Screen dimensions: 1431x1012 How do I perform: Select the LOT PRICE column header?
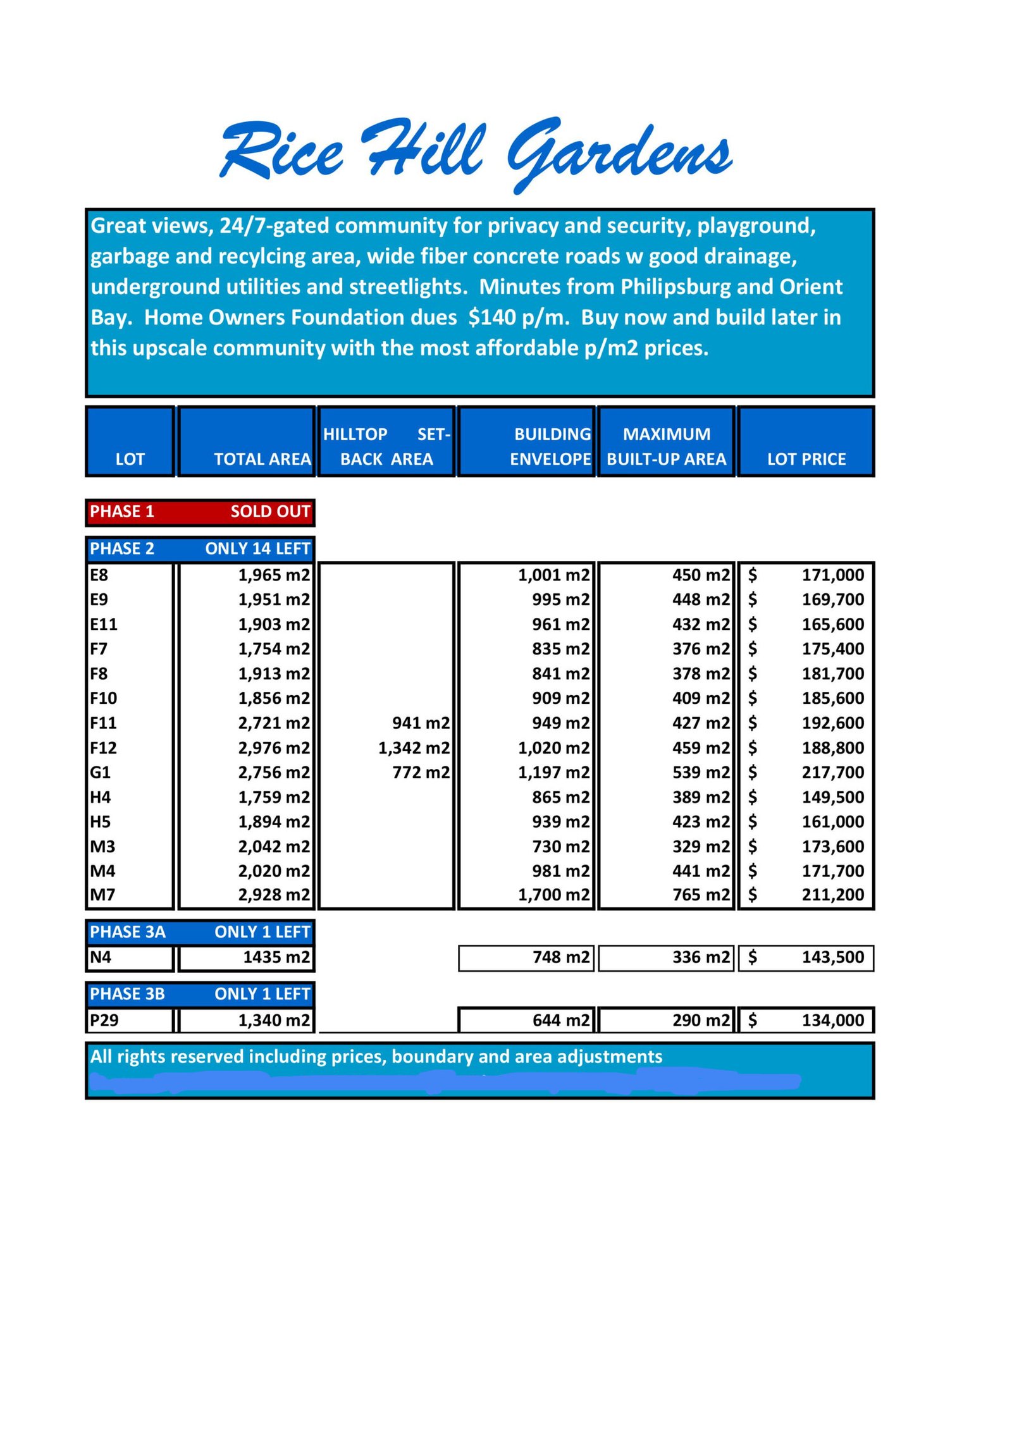coord(806,458)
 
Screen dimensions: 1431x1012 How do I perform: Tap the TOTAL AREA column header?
coord(262,458)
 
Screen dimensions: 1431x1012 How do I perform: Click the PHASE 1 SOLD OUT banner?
coord(200,512)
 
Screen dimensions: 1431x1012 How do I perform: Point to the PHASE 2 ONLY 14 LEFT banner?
coord(200,548)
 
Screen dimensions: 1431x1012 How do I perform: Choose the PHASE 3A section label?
coord(128,931)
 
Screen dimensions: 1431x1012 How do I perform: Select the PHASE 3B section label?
coord(127,993)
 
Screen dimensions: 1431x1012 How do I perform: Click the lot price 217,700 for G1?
coord(832,772)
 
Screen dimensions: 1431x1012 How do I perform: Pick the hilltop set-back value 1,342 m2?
coord(414,747)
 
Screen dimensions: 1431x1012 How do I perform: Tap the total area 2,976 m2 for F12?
coord(274,747)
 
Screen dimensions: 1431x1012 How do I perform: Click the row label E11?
coord(104,624)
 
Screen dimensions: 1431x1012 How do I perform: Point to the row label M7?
coord(102,895)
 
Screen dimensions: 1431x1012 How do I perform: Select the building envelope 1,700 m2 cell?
coord(553,895)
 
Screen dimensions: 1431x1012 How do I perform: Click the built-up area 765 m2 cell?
coord(701,895)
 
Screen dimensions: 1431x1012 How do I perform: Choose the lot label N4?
coord(101,957)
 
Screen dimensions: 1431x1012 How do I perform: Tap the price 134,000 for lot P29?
coord(832,1020)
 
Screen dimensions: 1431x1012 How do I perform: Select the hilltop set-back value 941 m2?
coord(421,723)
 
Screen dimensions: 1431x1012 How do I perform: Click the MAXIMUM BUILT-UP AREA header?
coord(667,446)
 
